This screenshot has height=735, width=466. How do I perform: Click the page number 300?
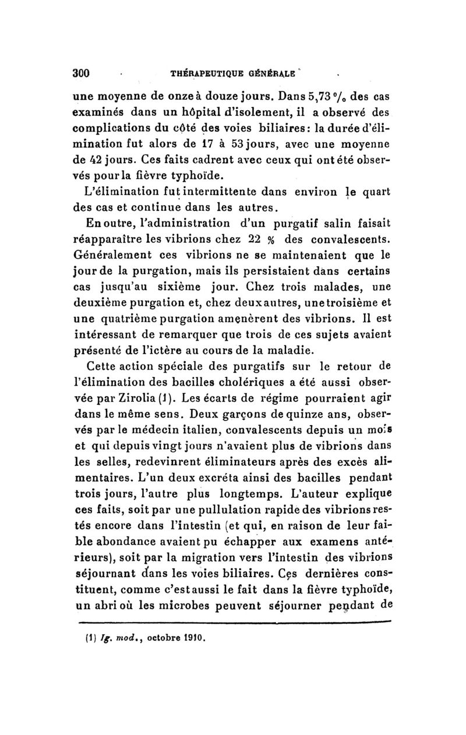80,73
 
